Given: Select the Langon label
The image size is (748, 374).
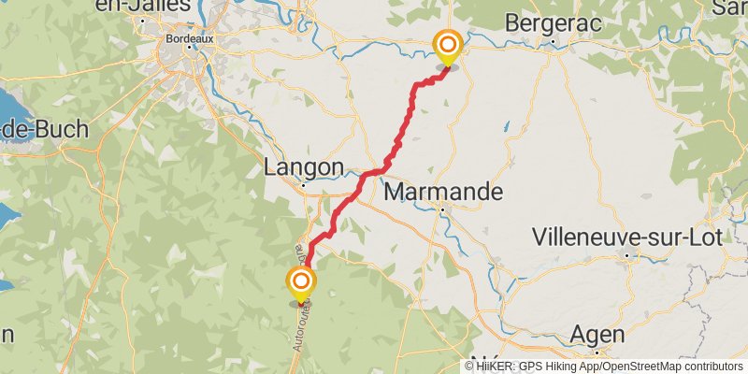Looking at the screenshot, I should (304, 166).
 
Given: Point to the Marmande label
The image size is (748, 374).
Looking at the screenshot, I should (443, 193).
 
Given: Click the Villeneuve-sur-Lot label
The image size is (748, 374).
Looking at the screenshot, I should (626, 237).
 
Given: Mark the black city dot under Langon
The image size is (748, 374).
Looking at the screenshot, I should (304, 185).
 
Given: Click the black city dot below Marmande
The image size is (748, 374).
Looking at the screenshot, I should (442, 210).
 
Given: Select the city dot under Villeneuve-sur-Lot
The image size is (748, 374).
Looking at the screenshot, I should (626, 254).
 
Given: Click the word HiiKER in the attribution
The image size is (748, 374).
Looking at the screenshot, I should (495, 367).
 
